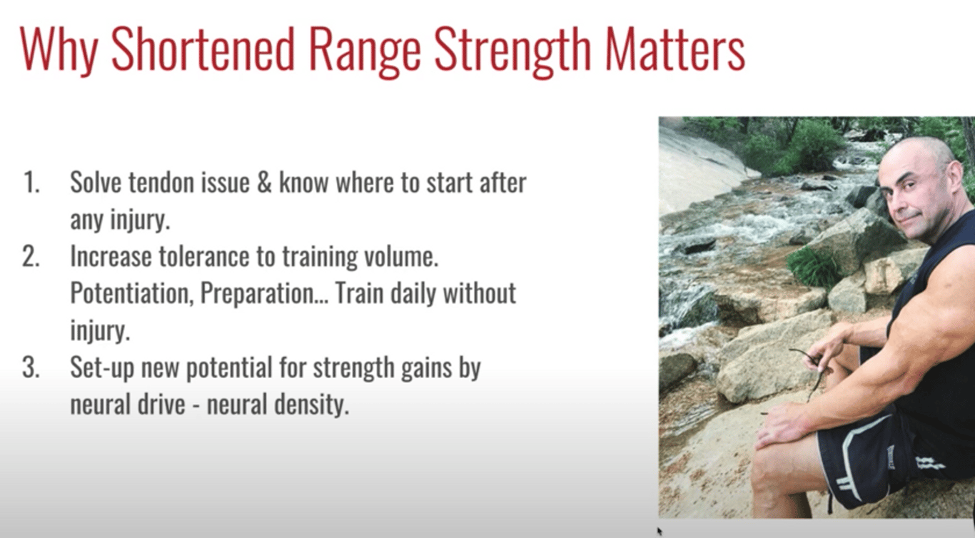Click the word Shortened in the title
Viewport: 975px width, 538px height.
point(203,49)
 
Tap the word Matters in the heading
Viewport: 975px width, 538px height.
point(675,49)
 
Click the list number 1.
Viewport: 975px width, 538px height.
point(31,182)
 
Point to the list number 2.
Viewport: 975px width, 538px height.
point(31,256)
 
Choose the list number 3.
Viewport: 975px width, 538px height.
point(31,367)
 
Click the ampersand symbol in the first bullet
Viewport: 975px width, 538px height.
point(264,183)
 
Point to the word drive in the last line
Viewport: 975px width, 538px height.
point(161,405)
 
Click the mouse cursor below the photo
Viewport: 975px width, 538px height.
point(660,531)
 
